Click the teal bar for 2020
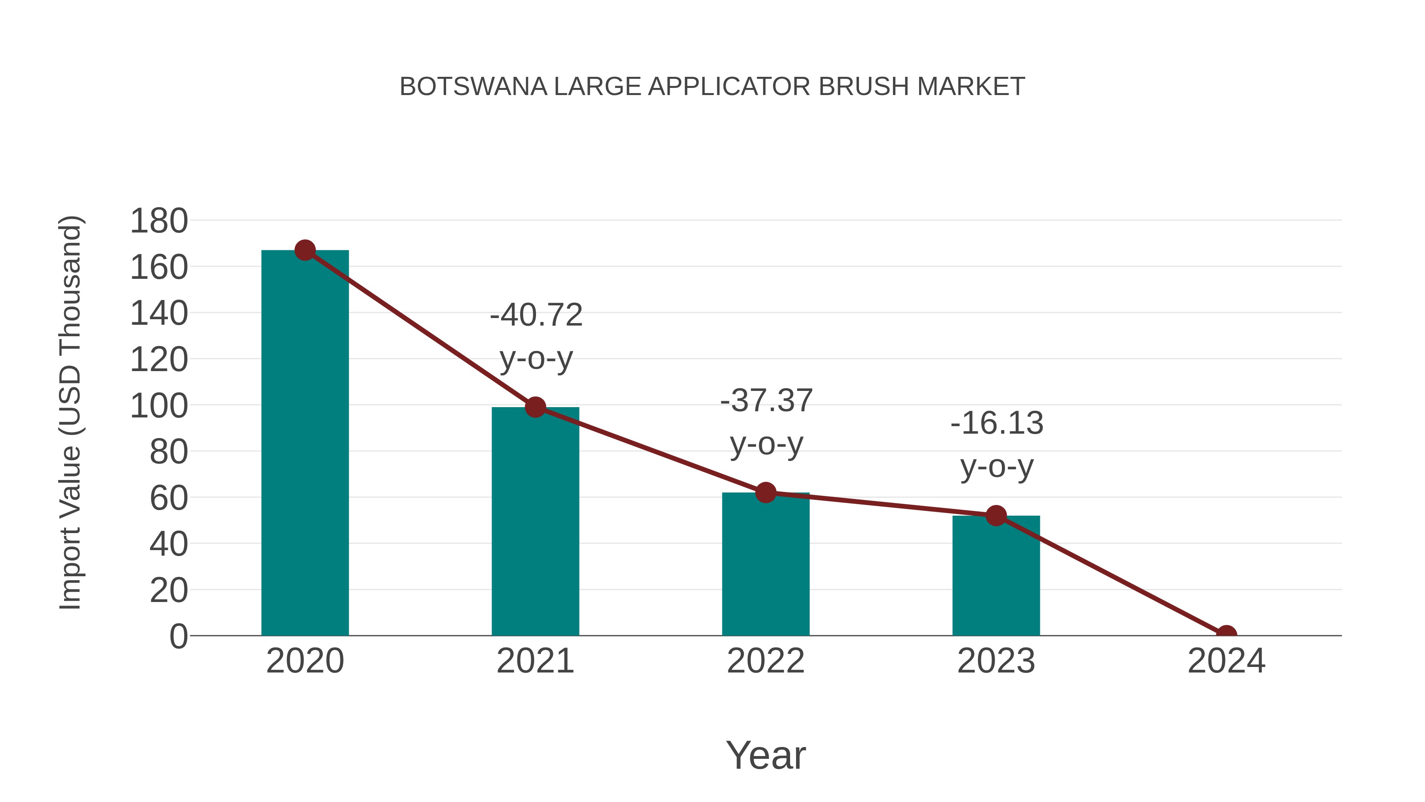pos(305,443)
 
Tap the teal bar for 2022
pos(766,564)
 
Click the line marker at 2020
pos(305,250)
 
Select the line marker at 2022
pos(766,492)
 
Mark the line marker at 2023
pos(996,516)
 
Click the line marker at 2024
pos(1226,634)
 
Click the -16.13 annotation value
pos(997,423)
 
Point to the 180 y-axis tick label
pos(159,221)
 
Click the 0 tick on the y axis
pos(179,636)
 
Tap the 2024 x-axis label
pos(1226,661)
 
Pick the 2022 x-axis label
pos(766,661)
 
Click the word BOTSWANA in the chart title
pos(473,86)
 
